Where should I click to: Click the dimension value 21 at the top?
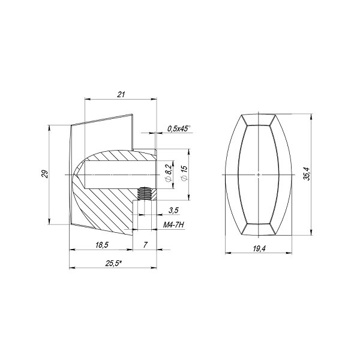(x=121, y=94)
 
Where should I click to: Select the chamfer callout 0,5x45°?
(x=178, y=128)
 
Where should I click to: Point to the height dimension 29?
(x=44, y=174)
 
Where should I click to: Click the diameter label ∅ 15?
(x=184, y=173)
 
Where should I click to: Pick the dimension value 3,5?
(x=173, y=210)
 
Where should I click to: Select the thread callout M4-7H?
(x=174, y=226)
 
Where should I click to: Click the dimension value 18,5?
(x=101, y=244)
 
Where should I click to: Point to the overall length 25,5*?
(x=113, y=262)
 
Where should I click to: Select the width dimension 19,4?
(x=259, y=247)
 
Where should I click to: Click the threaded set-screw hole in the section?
(x=143, y=193)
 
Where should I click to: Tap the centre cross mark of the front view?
(x=258, y=174)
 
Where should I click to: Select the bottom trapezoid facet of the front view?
(x=258, y=229)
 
